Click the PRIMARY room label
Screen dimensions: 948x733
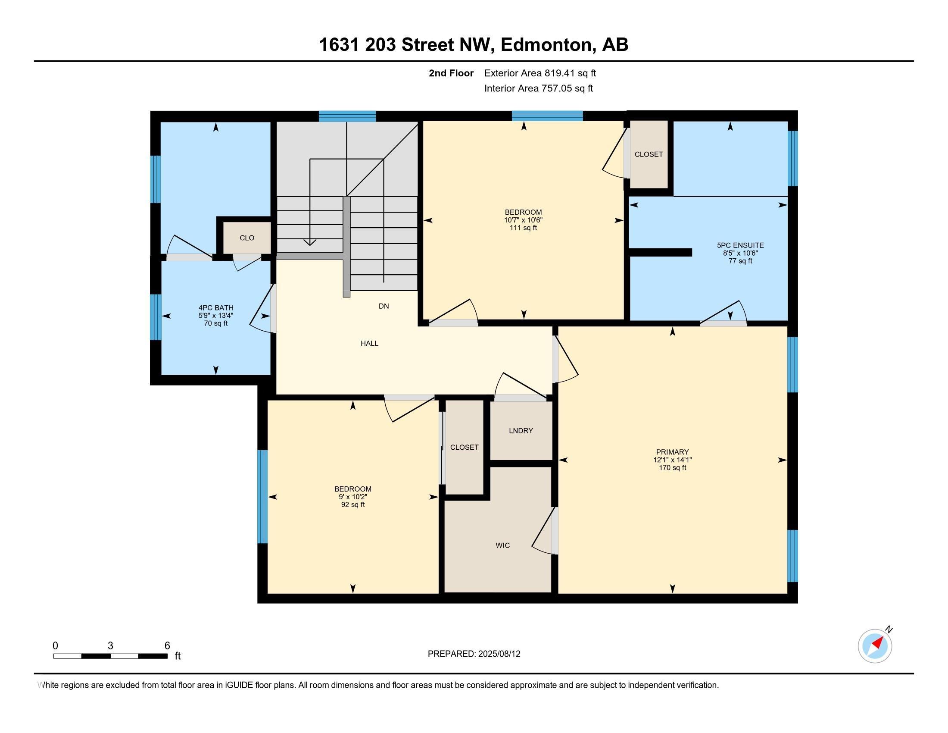pyautogui.click(x=672, y=451)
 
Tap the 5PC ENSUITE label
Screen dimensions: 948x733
pyautogui.click(x=740, y=245)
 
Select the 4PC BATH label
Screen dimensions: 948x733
pyautogui.click(x=216, y=308)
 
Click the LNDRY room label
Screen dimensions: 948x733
pyautogui.click(x=521, y=431)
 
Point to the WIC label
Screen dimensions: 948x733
pyautogui.click(x=502, y=545)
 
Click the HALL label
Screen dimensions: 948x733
pyautogui.click(x=369, y=344)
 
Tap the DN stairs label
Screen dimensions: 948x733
pyautogui.click(x=384, y=306)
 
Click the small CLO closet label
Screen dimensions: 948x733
pyautogui.click(x=247, y=238)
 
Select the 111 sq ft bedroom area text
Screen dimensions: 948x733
pyautogui.click(x=524, y=228)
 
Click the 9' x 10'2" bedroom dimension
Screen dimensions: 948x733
pyautogui.click(x=353, y=497)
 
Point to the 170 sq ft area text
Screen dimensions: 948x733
pyautogui.click(x=672, y=468)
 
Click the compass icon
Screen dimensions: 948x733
pyautogui.click(x=875, y=646)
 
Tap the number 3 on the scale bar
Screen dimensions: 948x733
pyautogui.click(x=110, y=646)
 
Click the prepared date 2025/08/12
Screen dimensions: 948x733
pyautogui.click(x=499, y=654)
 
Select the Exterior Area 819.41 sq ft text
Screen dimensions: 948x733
pyautogui.click(x=540, y=73)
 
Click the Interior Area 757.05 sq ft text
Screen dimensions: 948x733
pyautogui.click(x=539, y=88)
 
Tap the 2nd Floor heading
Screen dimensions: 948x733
pyautogui.click(x=451, y=73)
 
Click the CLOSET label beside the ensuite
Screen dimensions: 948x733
pyautogui.click(x=649, y=155)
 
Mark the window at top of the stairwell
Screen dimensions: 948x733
pyautogui.click(x=347, y=116)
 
